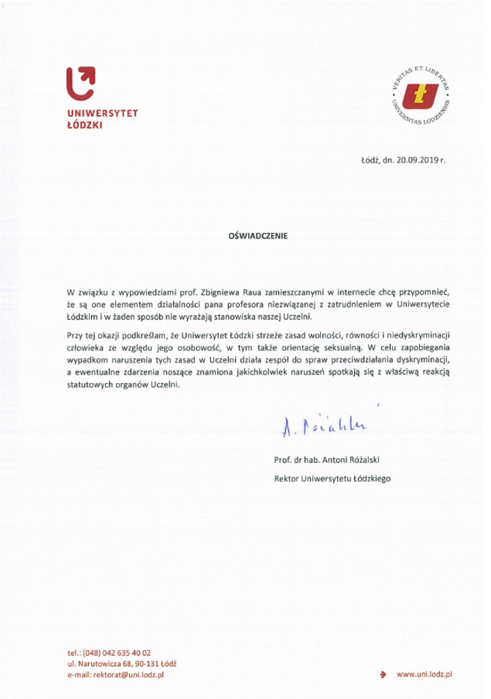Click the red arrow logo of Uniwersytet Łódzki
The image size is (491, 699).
[79, 85]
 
